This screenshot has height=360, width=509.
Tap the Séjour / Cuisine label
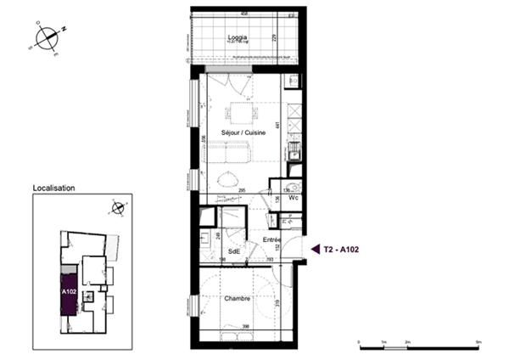243,134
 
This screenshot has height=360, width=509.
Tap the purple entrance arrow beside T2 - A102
315,249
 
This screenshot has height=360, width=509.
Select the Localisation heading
53,188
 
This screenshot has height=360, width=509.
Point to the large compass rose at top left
49,38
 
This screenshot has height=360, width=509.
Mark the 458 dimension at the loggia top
243,13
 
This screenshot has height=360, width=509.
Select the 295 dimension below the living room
242,190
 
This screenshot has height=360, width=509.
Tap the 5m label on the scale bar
478,341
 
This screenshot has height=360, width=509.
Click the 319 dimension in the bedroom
277,301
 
